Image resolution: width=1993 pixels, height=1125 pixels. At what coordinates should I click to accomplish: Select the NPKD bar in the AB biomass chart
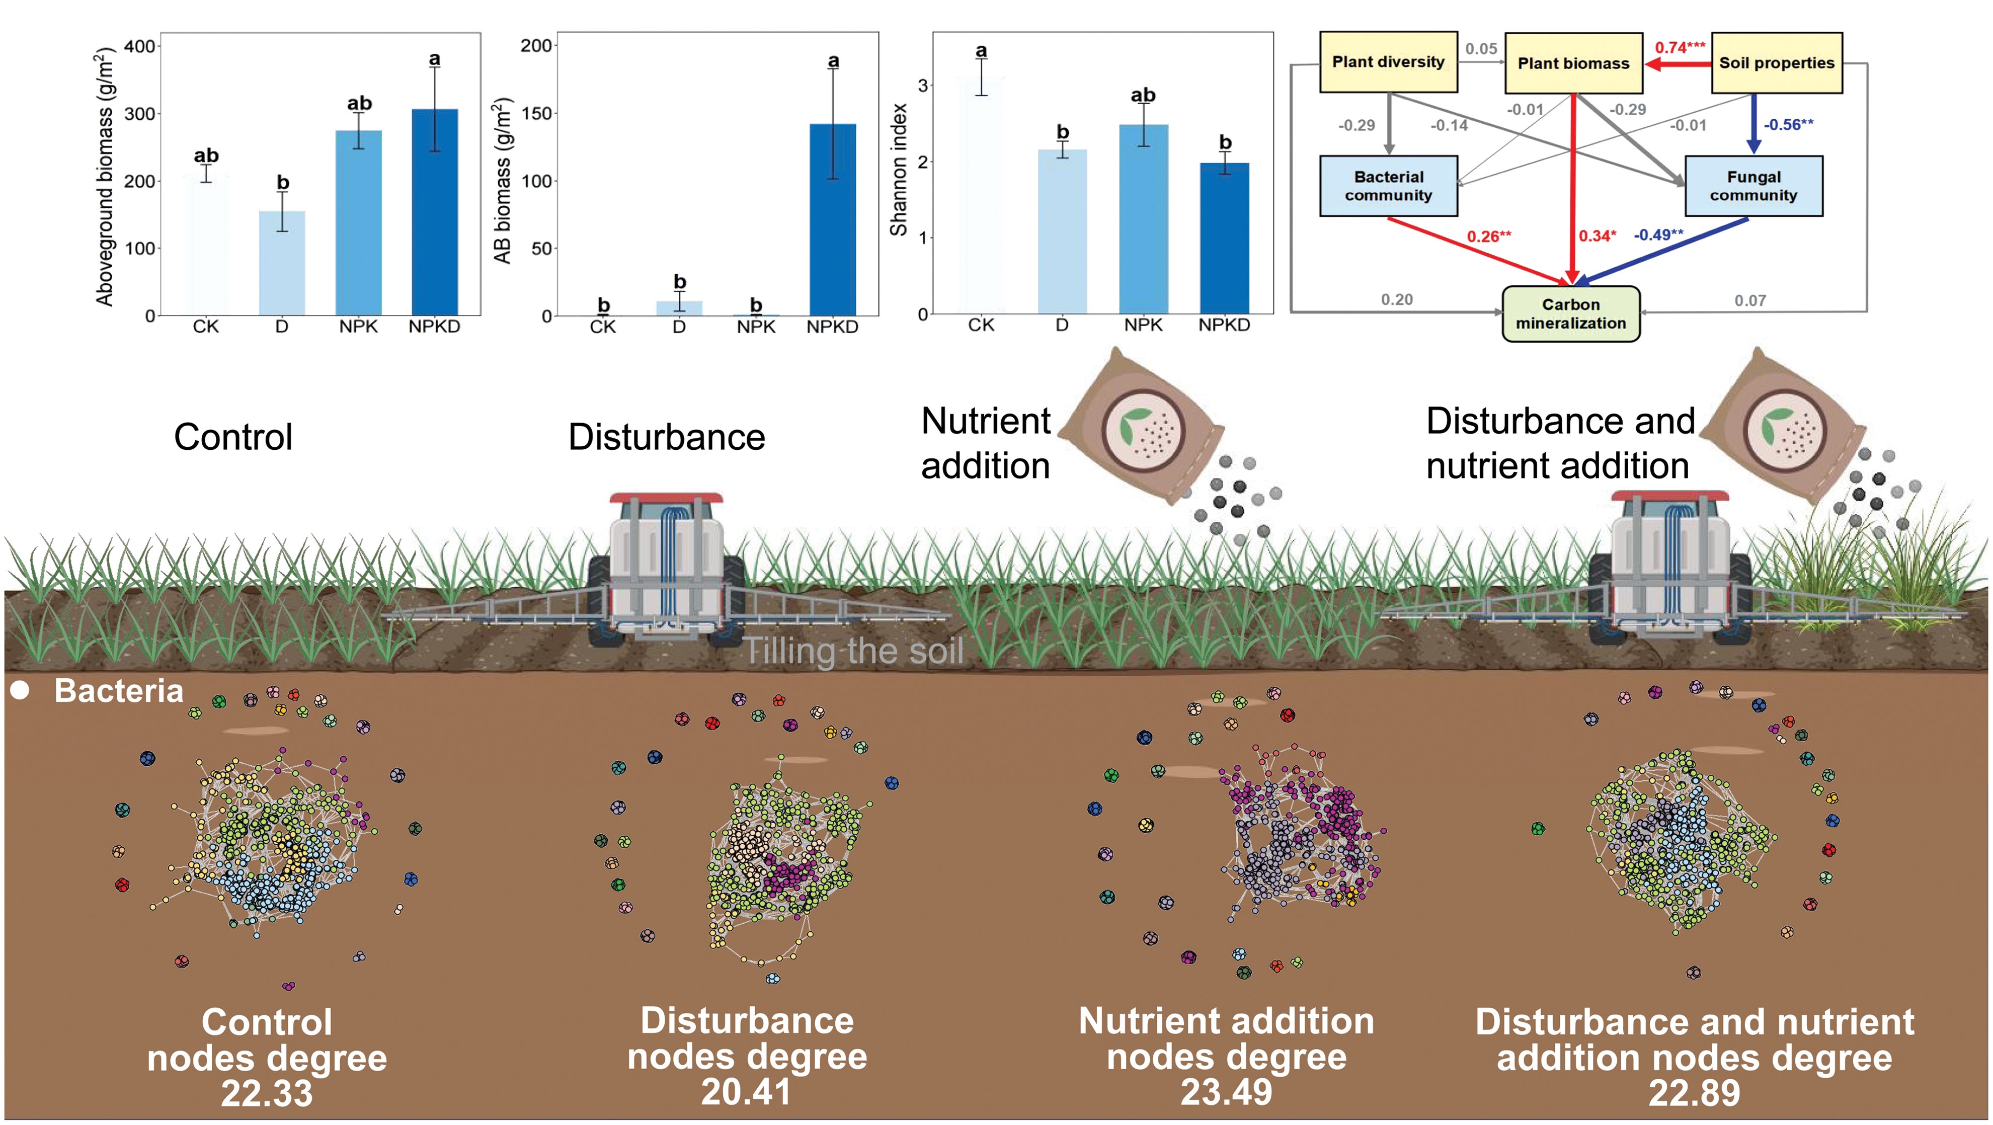coord(833,220)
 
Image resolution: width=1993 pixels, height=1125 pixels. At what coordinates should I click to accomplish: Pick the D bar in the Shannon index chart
coord(1062,231)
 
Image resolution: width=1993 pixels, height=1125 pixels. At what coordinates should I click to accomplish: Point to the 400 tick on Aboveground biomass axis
coord(140,46)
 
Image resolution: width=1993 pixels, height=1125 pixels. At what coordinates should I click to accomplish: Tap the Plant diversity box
coord(1388,62)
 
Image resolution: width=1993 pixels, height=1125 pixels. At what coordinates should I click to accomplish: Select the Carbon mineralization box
coord(1570,314)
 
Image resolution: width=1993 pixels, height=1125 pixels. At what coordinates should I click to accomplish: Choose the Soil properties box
coord(1776,63)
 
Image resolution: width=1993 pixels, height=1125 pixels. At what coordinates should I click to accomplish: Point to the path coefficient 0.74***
coord(1680,47)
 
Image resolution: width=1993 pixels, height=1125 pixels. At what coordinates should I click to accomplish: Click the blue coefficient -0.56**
coord(1788,125)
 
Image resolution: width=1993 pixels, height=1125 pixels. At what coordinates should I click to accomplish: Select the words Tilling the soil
coord(854,652)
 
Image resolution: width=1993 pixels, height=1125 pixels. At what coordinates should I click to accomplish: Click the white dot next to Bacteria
coord(20,691)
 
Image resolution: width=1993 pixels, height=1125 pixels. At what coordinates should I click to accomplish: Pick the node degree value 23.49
coord(1226,1092)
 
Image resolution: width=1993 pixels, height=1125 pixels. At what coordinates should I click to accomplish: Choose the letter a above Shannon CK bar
coord(981,51)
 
